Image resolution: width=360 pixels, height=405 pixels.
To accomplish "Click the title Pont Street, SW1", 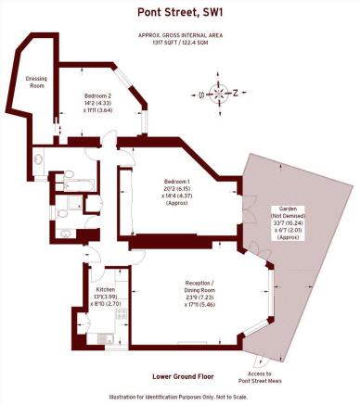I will pos(179,12).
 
